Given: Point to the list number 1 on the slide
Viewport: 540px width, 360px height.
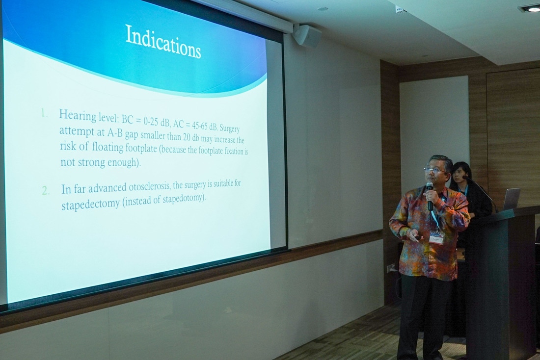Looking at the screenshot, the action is pos(44,113).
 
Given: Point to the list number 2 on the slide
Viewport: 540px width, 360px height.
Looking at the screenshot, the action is pos(46,191).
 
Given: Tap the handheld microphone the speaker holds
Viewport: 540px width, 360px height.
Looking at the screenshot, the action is pos(430,195).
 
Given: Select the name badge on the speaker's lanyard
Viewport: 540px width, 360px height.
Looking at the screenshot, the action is pos(436,238).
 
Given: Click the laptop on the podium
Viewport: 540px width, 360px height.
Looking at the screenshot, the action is pos(511,199).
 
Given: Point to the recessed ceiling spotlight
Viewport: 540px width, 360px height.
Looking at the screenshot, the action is pos(530,9).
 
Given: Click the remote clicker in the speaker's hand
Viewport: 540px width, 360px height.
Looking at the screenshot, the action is pos(417,237).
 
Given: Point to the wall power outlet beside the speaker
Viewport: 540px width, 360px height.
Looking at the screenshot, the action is pos(390,268).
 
